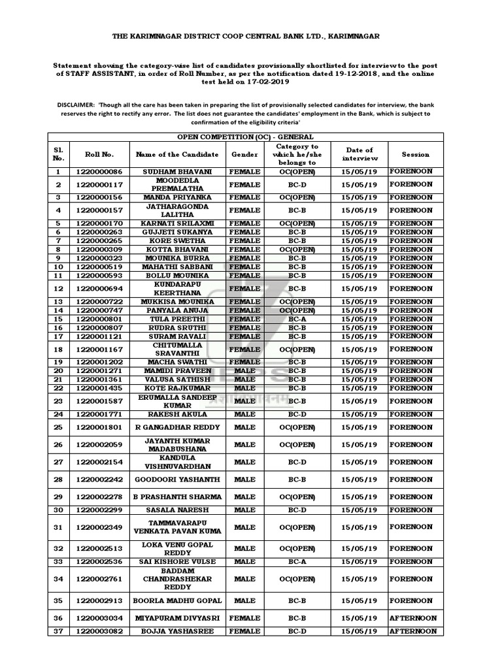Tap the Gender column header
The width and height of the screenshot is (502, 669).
[x=244, y=154]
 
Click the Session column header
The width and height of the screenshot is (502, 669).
[x=416, y=154]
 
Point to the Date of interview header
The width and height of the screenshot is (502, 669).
[x=360, y=154]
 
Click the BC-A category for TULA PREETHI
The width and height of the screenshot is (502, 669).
[x=297, y=319]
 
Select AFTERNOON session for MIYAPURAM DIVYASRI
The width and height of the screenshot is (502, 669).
[x=413, y=618]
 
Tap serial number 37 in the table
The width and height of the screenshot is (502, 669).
[x=58, y=631]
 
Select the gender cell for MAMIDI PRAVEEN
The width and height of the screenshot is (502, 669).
[x=244, y=370]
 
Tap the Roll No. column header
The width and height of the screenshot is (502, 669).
[x=99, y=154]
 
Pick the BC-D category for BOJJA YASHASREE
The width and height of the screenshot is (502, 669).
[x=297, y=631]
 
